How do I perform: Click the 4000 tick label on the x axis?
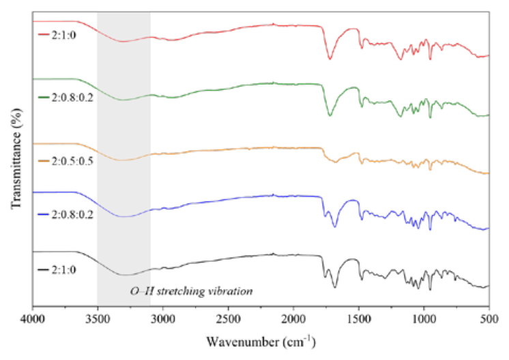pyautogui.click(x=33, y=319)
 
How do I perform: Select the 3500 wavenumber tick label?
pyautogui.click(x=98, y=319)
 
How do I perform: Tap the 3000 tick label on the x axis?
pyautogui.click(x=163, y=319)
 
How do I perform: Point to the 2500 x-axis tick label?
pyautogui.click(x=228, y=319)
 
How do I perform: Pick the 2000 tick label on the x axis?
pyautogui.click(x=293, y=319)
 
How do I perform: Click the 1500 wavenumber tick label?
pyautogui.click(x=359, y=319)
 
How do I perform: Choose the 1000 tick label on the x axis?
pyautogui.click(x=424, y=319)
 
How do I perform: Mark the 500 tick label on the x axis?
pyautogui.click(x=489, y=319)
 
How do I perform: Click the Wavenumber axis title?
pyautogui.click(x=261, y=342)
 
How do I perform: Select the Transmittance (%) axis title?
pyautogui.click(x=16, y=159)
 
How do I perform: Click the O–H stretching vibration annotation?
pyautogui.click(x=192, y=291)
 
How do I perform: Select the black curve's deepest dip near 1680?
pyautogui.click(x=335, y=287)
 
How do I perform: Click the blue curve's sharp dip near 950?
pyautogui.click(x=431, y=229)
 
